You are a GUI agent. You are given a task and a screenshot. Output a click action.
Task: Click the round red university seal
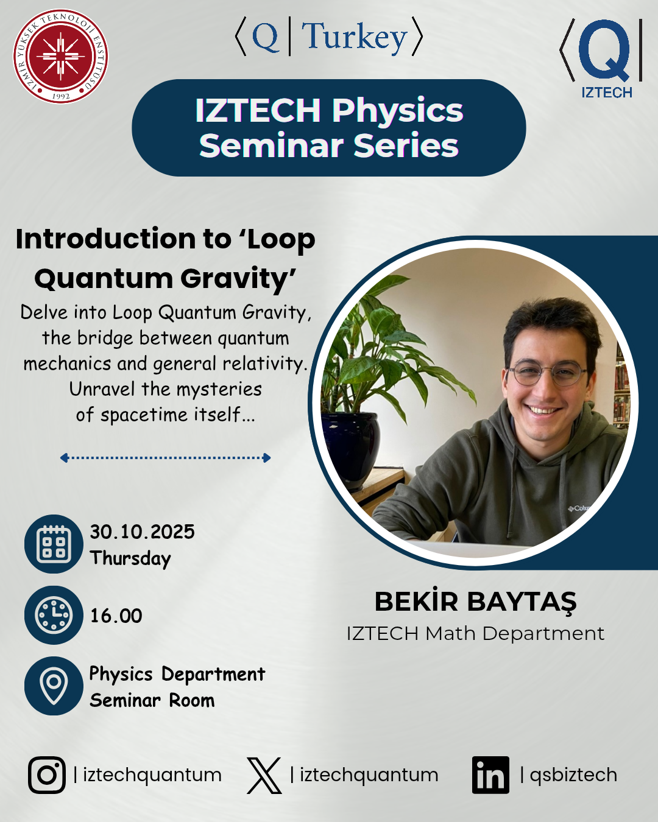pos(61,57)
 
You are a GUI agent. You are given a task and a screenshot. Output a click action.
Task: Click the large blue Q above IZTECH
pos(604,51)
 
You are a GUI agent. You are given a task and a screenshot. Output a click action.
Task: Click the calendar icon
pos(54,544)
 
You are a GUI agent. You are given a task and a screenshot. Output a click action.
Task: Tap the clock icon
pos(54,615)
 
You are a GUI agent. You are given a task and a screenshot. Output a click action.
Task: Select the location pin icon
pos(54,686)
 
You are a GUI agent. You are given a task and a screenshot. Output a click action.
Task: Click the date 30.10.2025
pos(142,532)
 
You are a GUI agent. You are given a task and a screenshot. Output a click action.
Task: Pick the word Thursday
pos(130,558)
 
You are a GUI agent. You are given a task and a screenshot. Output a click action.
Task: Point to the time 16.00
pos(116,616)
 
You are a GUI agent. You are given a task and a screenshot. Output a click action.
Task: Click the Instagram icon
pos(47,775)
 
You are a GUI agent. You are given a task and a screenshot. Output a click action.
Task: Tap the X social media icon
pos(264,775)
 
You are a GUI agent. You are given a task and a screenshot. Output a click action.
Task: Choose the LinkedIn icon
pos(490,775)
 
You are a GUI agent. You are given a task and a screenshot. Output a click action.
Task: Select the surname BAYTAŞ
pos(522,602)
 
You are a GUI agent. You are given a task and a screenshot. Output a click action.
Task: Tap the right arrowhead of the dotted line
pos(267,458)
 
